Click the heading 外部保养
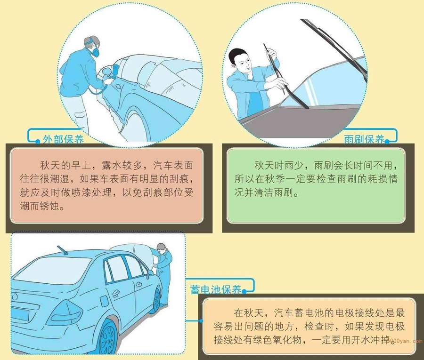coord(63,140)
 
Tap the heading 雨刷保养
coord(364,139)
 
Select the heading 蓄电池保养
coord(215,289)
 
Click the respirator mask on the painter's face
coord(95,51)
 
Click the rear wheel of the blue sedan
coord(108,337)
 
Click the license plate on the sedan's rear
coord(20,314)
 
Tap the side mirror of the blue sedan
coord(149,273)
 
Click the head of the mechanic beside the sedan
coord(161,248)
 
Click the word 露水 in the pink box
coord(112,165)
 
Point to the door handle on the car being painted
coord(118,87)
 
